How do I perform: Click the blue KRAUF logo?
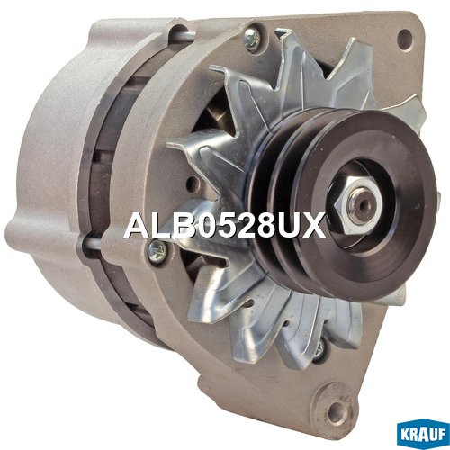(423, 435)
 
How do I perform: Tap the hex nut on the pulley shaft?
(355, 205)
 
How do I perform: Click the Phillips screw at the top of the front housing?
(252, 39)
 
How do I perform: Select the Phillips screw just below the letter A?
(157, 250)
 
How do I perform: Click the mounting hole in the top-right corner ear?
(405, 40)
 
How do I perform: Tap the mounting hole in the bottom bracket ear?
(337, 410)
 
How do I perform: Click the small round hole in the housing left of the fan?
(192, 183)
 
